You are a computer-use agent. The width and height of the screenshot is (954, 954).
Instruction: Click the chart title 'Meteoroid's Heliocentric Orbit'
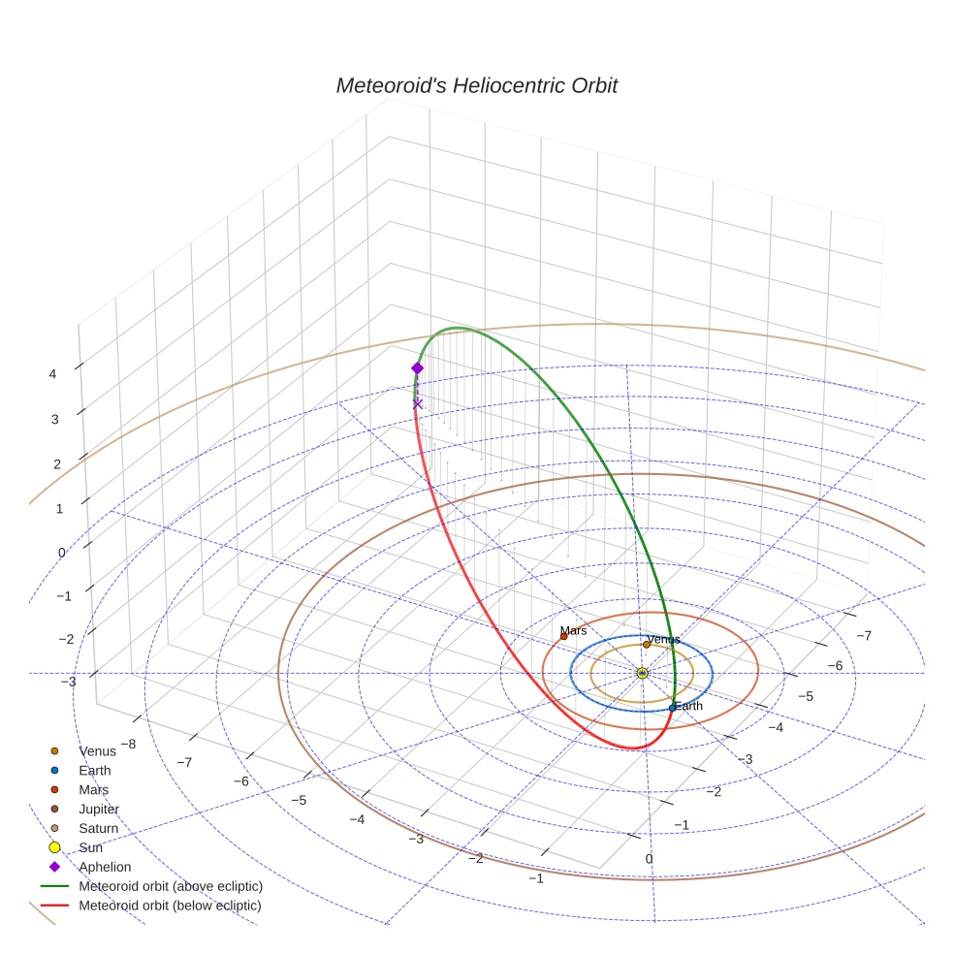tap(476, 85)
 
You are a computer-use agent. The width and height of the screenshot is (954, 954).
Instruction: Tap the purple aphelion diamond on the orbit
tap(417, 367)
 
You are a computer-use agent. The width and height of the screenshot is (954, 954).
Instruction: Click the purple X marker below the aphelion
tap(418, 403)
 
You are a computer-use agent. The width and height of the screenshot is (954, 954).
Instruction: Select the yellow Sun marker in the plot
tap(642, 672)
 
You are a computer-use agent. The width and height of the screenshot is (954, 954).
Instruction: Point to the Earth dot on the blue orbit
tap(672, 708)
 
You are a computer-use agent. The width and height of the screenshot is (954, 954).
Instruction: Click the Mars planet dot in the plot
tap(563, 636)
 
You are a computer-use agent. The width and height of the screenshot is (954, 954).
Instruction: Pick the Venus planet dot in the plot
tap(647, 645)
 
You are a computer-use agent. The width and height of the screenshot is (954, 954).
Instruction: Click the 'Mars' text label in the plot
tap(573, 630)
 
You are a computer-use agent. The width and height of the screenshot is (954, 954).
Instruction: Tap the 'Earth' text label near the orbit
tap(688, 706)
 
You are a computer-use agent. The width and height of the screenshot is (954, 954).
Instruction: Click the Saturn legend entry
tap(98, 828)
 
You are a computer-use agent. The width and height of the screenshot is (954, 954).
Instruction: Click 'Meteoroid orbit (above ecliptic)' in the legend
tap(171, 886)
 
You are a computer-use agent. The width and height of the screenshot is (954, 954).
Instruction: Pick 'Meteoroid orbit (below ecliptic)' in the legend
tap(171, 906)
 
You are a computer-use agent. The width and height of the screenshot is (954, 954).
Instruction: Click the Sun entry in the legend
tap(90, 847)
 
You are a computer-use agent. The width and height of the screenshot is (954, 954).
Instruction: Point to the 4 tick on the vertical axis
tap(54, 373)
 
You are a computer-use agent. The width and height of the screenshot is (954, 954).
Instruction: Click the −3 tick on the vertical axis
tap(68, 682)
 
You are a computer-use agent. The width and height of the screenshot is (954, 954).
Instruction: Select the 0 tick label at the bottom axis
tap(649, 858)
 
